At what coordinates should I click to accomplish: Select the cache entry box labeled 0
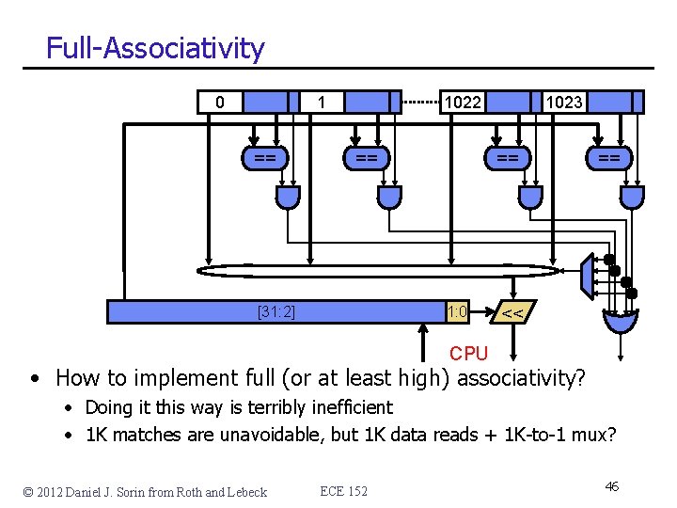point(220,102)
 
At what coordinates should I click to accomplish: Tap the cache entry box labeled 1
point(322,102)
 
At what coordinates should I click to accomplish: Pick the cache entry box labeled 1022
point(463,102)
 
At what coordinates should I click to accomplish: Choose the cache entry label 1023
point(564,102)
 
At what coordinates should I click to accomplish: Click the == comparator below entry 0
point(265,158)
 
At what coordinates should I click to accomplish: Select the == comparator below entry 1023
point(609,158)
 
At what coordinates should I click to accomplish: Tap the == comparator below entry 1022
point(508,158)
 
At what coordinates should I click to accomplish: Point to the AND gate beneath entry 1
point(388,196)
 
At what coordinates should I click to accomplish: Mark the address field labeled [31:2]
point(276,311)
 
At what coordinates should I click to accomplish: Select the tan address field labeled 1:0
point(457,311)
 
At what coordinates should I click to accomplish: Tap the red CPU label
point(468,353)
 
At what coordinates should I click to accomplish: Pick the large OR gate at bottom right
point(620,321)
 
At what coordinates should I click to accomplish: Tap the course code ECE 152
point(344,491)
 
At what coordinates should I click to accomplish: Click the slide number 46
point(611,486)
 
